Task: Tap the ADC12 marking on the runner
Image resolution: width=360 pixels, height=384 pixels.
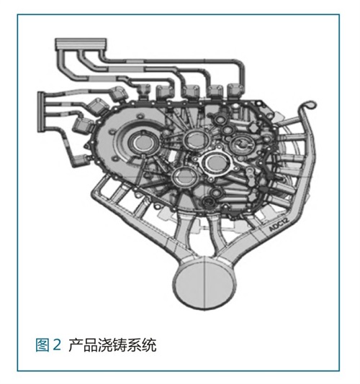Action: pos(279,224)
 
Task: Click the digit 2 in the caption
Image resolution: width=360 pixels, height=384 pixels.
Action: pos(57,344)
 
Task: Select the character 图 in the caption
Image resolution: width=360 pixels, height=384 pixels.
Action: pos(42,345)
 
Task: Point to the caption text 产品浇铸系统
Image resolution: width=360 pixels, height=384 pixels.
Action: pos(112,345)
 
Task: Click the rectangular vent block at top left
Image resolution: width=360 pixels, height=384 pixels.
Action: pos(81,44)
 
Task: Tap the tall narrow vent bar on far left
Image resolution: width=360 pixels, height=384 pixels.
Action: pos(40,112)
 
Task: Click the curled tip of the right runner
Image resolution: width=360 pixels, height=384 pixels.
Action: pos(309,104)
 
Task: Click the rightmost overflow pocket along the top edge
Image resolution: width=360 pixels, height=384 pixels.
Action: pos(235,91)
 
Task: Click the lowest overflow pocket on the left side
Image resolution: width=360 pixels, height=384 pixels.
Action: pos(82,160)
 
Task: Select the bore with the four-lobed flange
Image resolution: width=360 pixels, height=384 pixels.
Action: pos(215,163)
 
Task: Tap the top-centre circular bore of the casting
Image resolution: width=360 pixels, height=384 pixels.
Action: pos(195,139)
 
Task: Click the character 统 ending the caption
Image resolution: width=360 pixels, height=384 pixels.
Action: pos(149,345)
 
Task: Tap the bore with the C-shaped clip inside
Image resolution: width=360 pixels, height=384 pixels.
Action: pos(242,144)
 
